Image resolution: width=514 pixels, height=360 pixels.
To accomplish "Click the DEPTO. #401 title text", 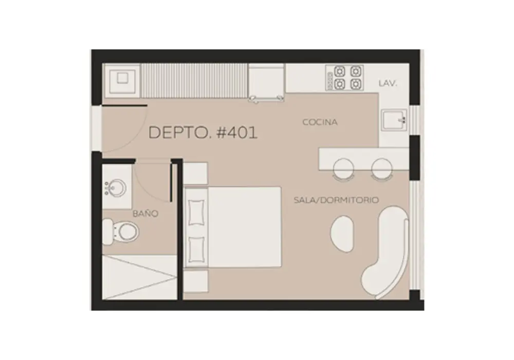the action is [x=203, y=133].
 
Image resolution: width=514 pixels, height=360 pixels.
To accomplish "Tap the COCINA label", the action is [x=320, y=122].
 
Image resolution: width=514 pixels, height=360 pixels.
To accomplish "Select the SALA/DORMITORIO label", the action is [x=336, y=200].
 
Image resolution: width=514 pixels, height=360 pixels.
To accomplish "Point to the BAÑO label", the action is [x=145, y=214].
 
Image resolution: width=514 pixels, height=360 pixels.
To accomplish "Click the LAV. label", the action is [x=388, y=83].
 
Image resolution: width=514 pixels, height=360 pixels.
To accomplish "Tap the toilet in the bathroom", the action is [x=121, y=231].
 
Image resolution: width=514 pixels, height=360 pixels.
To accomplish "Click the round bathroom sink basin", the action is [x=116, y=188].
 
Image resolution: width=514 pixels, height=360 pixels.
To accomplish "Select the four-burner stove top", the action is [x=344, y=78].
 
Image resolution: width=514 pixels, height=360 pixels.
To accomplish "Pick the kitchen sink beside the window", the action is [x=394, y=120].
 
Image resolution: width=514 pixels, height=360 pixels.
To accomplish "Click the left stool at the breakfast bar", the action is [x=343, y=169].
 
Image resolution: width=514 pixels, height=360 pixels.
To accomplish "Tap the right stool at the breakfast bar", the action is [x=381, y=169].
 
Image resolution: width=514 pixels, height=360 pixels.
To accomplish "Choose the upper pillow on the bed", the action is [x=196, y=212].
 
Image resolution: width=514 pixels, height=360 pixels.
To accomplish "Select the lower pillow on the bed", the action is [x=196, y=249].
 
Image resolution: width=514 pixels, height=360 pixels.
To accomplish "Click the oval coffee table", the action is [x=342, y=234].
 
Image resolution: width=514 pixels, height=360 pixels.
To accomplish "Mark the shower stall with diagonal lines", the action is [x=140, y=277].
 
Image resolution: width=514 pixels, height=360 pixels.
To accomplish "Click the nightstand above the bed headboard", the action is [x=195, y=173].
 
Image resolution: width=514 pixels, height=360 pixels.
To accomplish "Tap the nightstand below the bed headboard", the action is [x=195, y=281].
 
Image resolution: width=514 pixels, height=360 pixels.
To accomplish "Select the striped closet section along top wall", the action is [x=194, y=81].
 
